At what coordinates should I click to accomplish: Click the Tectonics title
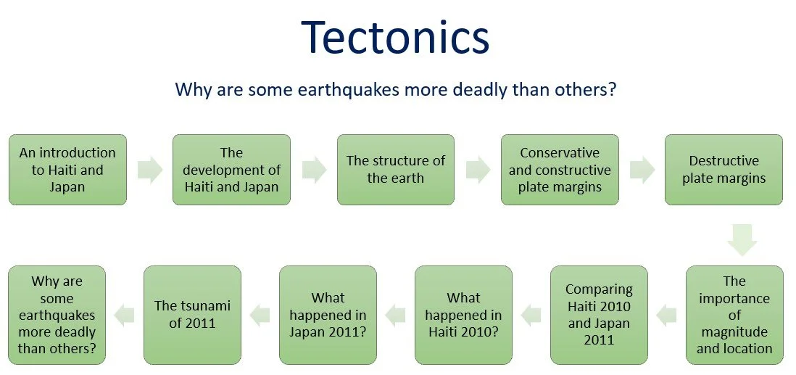(x=395, y=38)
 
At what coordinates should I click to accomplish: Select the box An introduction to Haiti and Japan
(x=67, y=170)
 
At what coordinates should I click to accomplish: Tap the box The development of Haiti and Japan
(x=231, y=170)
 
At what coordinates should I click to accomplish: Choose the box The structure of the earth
(x=395, y=170)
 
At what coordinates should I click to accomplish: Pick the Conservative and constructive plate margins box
(x=560, y=170)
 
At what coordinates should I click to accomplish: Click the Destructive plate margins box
(x=724, y=170)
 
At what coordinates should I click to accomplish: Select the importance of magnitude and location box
(x=734, y=314)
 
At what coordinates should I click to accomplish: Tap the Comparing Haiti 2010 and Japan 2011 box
(x=599, y=314)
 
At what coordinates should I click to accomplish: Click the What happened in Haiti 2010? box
(x=463, y=314)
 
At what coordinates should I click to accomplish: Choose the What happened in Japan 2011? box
(x=328, y=314)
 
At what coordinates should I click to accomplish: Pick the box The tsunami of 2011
(x=192, y=314)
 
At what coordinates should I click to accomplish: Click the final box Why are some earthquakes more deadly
(x=57, y=314)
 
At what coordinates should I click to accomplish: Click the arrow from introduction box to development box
(x=149, y=170)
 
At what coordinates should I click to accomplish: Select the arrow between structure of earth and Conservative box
(x=478, y=170)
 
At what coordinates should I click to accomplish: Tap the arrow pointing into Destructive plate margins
(x=642, y=170)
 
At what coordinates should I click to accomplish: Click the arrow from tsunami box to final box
(x=124, y=314)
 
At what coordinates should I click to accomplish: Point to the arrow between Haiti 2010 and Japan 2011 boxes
(x=395, y=314)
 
